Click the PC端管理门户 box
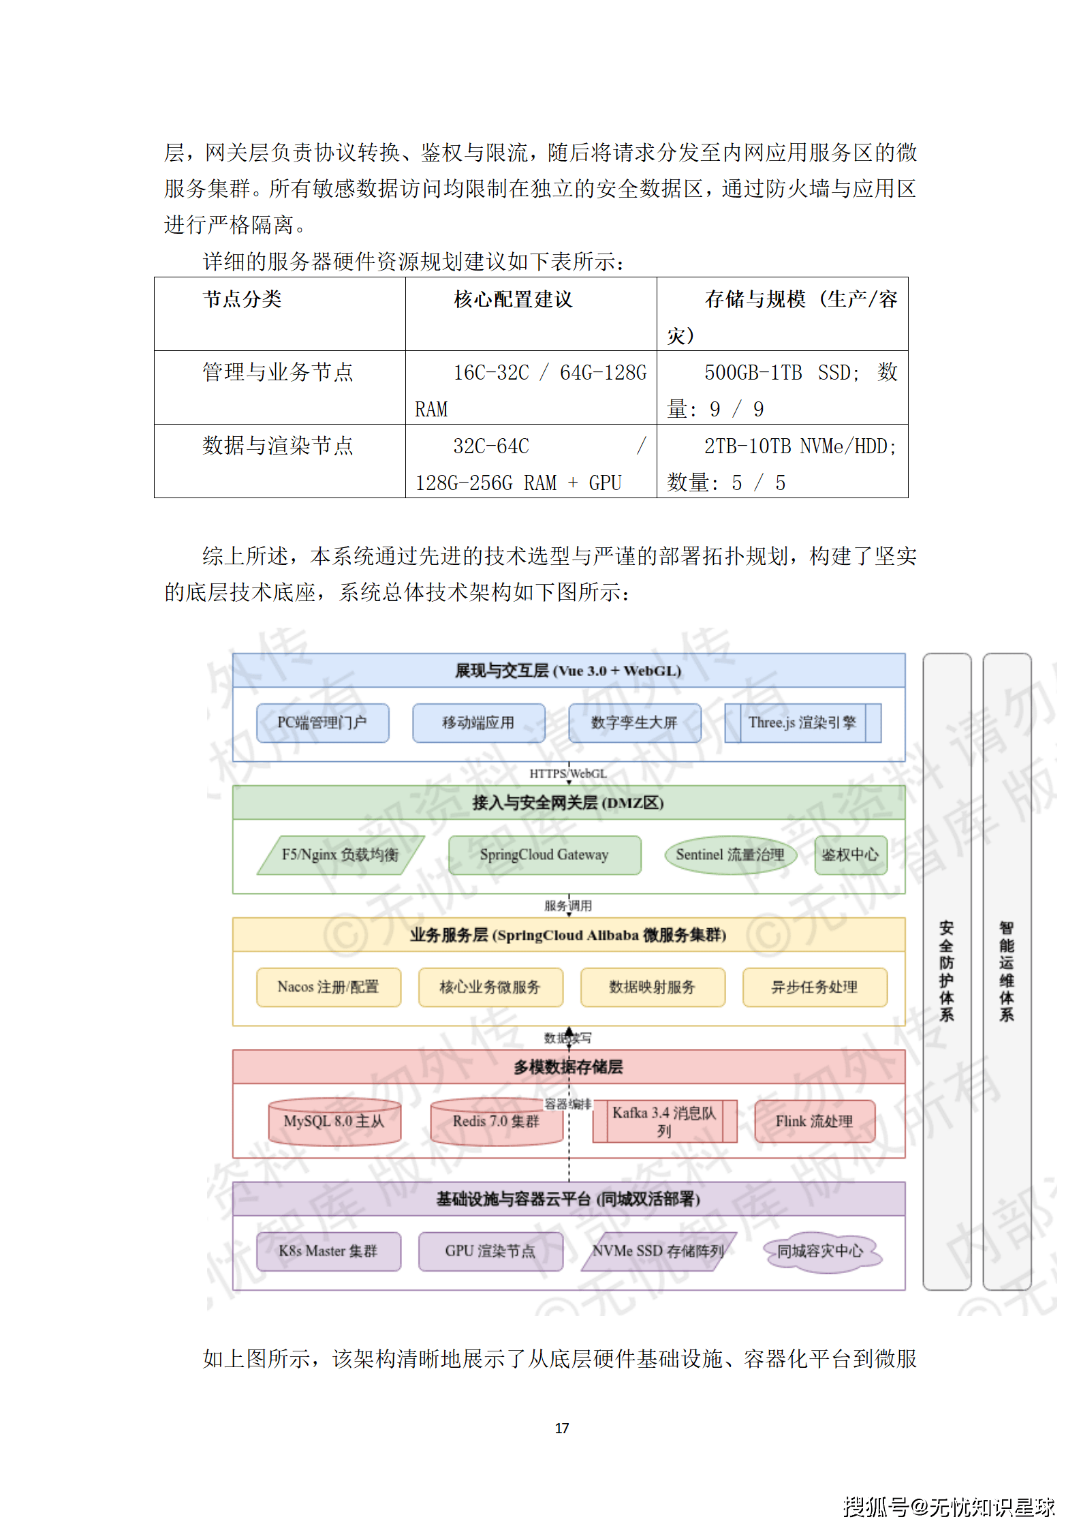click(322, 722)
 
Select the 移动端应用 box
click(478, 722)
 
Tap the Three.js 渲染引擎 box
click(802, 722)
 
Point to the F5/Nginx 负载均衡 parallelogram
click(340, 855)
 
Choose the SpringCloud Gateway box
click(544, 855)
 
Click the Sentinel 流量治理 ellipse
click(730, 855)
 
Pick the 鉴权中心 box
click(851, 855)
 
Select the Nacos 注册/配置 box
click(328, 987)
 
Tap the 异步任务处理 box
click(815, 987)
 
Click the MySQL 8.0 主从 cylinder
click(334, 1121)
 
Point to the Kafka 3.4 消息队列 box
click(664, 1121)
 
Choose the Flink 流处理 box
click(815, 1121)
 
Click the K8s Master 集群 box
click(328, 1251)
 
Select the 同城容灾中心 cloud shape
click(821, 1251)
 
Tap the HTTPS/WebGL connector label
click(568, 774)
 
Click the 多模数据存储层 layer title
click(568, 1067)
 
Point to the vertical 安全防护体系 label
click(946, 971)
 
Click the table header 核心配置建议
click(514, 299)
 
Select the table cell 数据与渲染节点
click(278, 446)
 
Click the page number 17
click(562, 1428)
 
